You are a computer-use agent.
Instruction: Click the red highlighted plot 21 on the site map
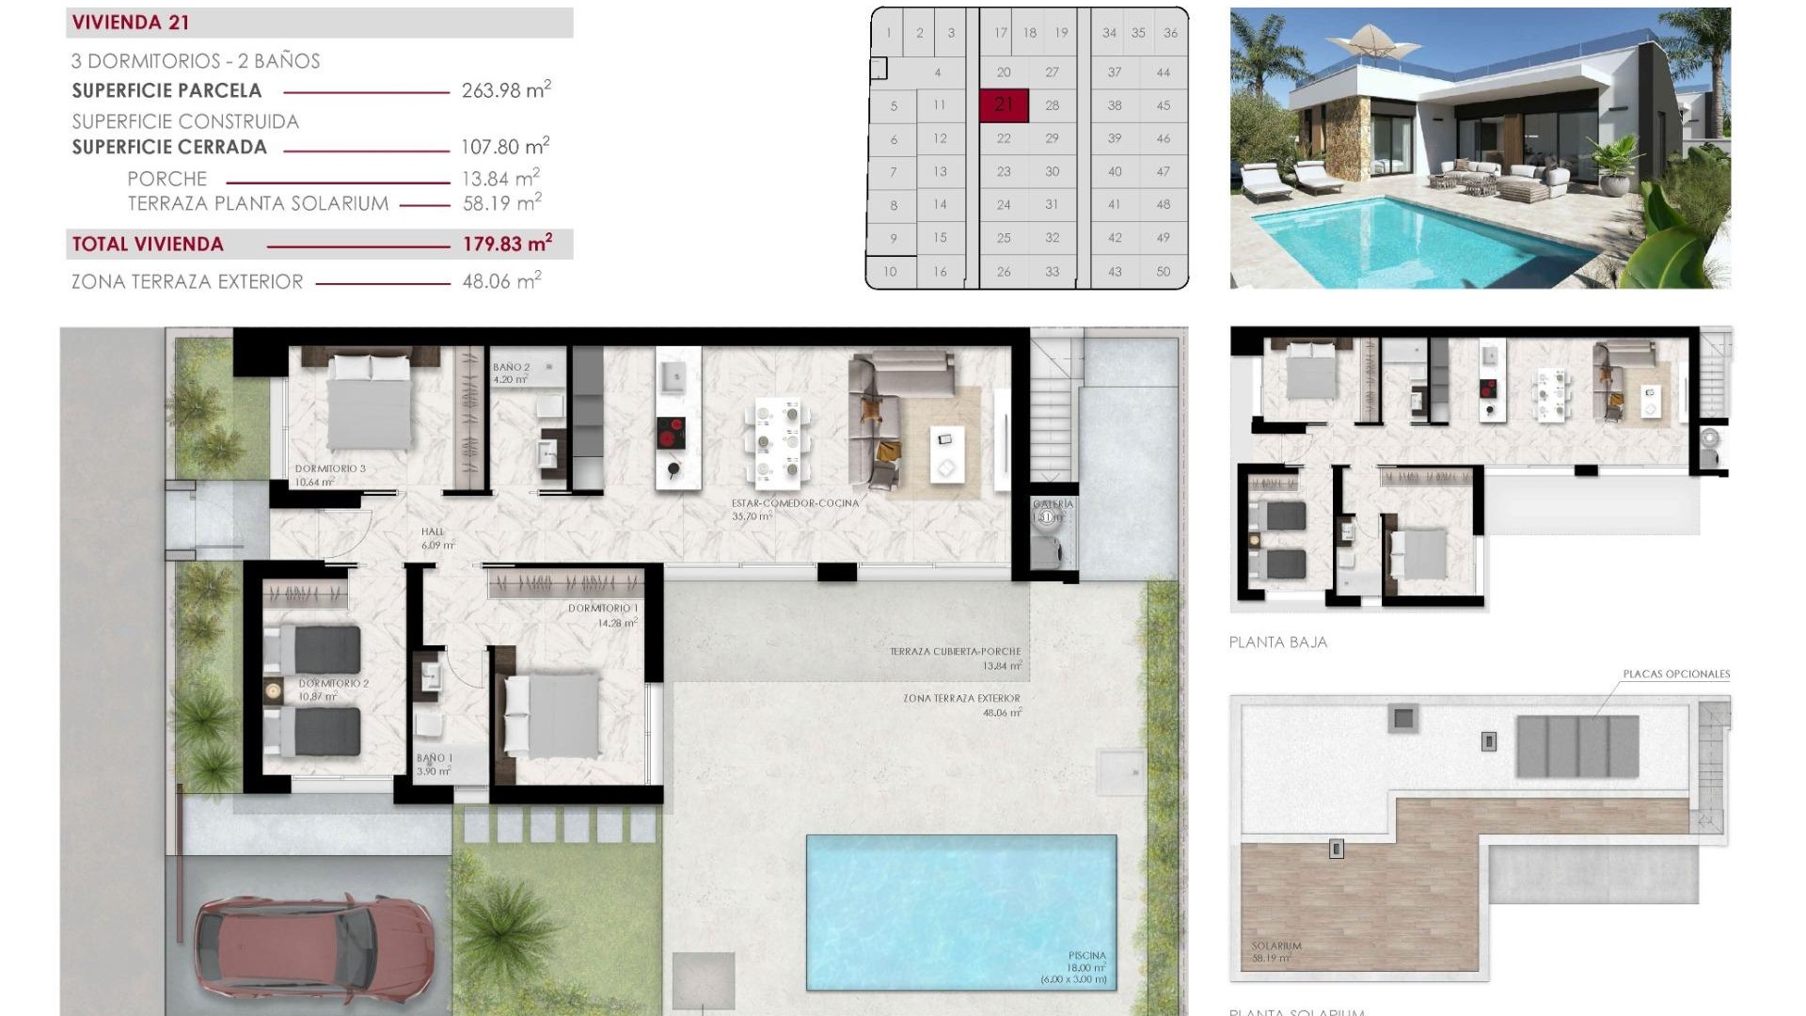1004,104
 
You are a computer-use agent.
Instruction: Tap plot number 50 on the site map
1164,271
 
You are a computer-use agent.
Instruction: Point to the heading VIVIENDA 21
131,23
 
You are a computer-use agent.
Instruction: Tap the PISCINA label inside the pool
1086,956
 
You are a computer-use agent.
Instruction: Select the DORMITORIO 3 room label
330,468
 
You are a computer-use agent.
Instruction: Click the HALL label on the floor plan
433,532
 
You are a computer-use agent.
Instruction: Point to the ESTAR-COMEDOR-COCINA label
795,503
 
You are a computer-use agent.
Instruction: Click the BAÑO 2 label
511,368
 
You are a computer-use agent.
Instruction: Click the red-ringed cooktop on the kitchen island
671,434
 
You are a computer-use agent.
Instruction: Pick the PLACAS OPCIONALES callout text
1675,674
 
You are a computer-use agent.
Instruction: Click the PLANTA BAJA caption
1277,643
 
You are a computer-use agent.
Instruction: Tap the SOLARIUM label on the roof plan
1275,946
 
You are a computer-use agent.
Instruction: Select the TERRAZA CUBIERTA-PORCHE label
955,651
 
